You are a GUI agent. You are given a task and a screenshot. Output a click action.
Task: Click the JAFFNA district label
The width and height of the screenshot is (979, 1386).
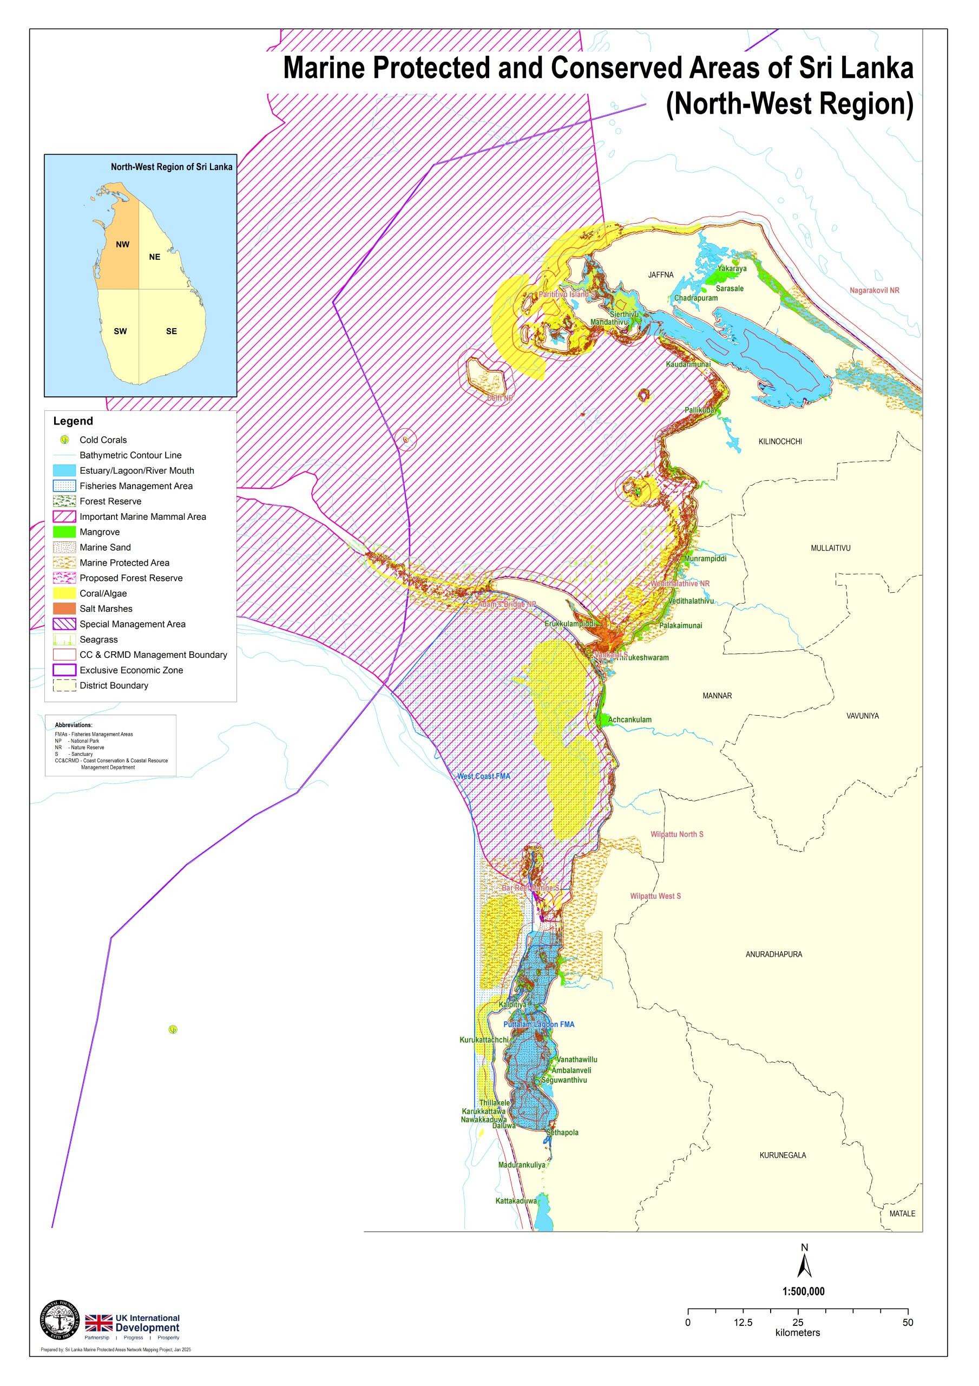(660, 274)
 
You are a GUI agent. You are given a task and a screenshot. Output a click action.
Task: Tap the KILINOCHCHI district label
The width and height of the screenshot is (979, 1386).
(780, 441)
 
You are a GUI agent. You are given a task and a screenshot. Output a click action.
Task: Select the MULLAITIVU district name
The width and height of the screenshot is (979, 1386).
(830, 548)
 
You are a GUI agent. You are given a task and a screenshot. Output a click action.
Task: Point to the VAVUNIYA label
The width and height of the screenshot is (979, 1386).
(862, 715)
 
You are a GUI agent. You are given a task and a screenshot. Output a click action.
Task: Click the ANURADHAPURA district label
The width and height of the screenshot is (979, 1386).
(773, 954)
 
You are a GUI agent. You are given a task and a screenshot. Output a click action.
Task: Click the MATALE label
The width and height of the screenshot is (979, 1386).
(902, 1213)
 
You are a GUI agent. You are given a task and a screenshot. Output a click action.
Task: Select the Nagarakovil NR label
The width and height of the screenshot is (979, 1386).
(874, 290)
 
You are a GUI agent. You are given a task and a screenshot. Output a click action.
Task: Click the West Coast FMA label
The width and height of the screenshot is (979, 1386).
(483, 776)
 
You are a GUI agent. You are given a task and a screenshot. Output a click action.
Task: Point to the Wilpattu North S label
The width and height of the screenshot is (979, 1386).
(676, 834)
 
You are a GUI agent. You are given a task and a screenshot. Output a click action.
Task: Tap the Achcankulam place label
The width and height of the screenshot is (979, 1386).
(629, 720)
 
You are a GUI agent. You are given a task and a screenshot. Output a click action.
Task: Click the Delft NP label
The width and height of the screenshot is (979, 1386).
(500, 398)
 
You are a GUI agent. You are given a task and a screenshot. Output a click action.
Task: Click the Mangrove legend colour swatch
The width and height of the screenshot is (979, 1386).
(64, 532)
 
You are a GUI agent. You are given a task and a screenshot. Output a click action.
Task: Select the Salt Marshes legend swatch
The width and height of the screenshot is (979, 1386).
(64, 609)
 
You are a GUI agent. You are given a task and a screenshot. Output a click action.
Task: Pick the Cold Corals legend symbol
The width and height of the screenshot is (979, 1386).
(64, 440)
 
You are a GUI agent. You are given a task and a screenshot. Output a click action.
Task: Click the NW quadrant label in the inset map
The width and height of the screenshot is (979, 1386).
(122, 245)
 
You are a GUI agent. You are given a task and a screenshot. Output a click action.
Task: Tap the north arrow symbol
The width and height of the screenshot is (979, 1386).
(804, 1264)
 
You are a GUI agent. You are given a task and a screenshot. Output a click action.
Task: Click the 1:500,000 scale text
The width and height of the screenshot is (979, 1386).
(803, 1292)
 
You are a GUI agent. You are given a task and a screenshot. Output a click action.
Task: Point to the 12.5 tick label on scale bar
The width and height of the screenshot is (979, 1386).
(743, 1323)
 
